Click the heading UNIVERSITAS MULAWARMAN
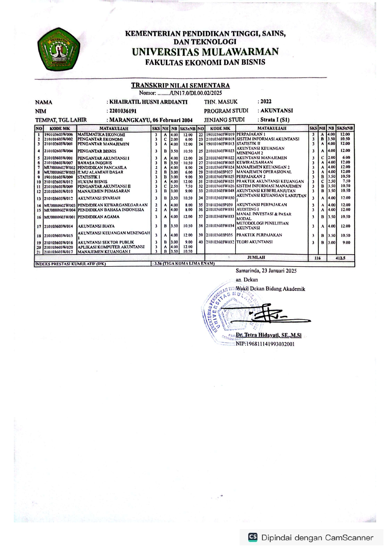click(x=205, y=52)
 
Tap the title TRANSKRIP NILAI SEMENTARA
click(x=180, y=85)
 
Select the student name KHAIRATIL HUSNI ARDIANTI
click(x=148, y=102)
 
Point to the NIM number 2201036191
click(x=123, y=111)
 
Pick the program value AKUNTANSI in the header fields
click(x=276, y=110)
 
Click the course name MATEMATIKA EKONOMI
click(x=101, y=135)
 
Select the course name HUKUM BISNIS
click(x=92, y=182)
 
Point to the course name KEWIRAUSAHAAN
click(x=255, y=162)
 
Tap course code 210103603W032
click(x=220, y=242)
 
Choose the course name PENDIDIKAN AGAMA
click(x=98, y=217)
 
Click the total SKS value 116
click(x=317, y=258)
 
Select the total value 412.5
click(x=340, y=258)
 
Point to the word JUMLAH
click(x=256, y=257)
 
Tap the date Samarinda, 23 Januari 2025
click(x=266, y=270)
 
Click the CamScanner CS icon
click(x=253, y=537)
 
